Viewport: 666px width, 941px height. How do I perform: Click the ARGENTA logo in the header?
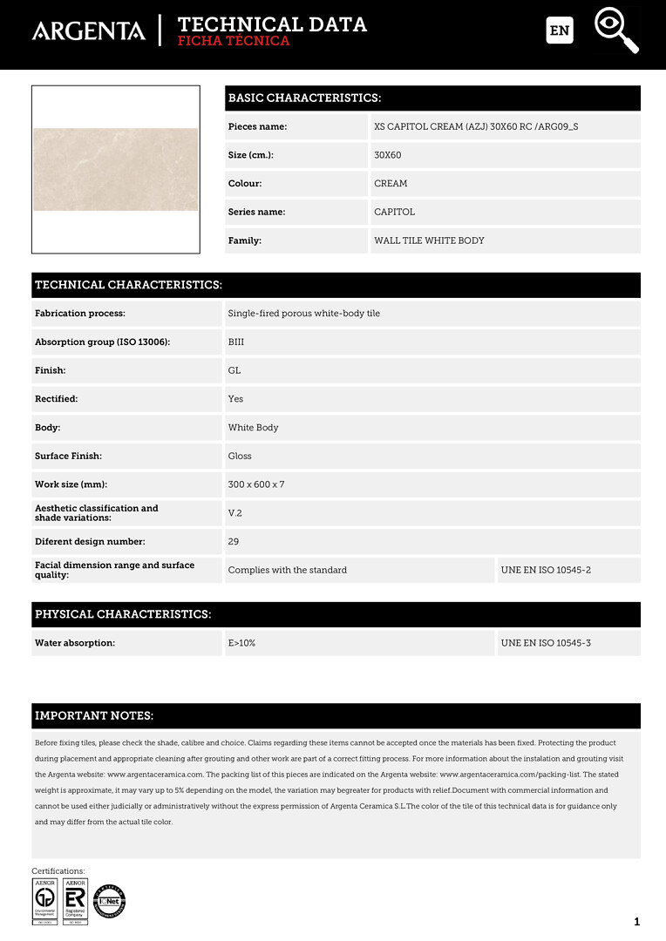click(x=88, y=30)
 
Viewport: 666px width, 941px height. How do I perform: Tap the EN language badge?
click(x=560, y=30)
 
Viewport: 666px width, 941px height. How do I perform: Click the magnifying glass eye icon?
click(x=616, y=30)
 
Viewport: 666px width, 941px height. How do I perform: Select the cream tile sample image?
click(x=116, y=169)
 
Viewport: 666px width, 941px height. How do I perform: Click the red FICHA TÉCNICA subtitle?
click(x=233, y=41)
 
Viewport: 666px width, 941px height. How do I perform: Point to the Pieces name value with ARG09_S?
click(x=475, y=126)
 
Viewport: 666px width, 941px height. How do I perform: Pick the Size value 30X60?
click(x=387, y=155)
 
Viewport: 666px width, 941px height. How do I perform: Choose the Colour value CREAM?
click(x=391, y=184)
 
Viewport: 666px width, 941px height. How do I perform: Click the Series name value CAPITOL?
click(x=394, y=212)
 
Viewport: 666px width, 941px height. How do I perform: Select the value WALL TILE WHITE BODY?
click(x=429, y=240)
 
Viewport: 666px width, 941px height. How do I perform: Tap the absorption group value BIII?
click(x=236, y=342)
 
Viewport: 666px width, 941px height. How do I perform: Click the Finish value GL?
click(x=234, y=370)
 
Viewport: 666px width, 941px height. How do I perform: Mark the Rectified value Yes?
click(x=235, y=399)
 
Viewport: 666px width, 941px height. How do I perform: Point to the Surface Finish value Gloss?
click(x=240, y=456)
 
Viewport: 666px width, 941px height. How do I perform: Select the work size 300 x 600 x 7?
click(x=256, y=484)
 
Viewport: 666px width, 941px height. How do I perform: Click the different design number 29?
click(x=234, y=541)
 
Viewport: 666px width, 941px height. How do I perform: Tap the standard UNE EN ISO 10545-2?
click(x=546, y=570)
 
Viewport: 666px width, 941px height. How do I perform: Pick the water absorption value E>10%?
click(x=241, y=643)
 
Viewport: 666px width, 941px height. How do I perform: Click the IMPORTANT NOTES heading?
click(x=94, y=716)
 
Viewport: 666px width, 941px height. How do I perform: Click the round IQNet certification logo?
click(x=110, y=901)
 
